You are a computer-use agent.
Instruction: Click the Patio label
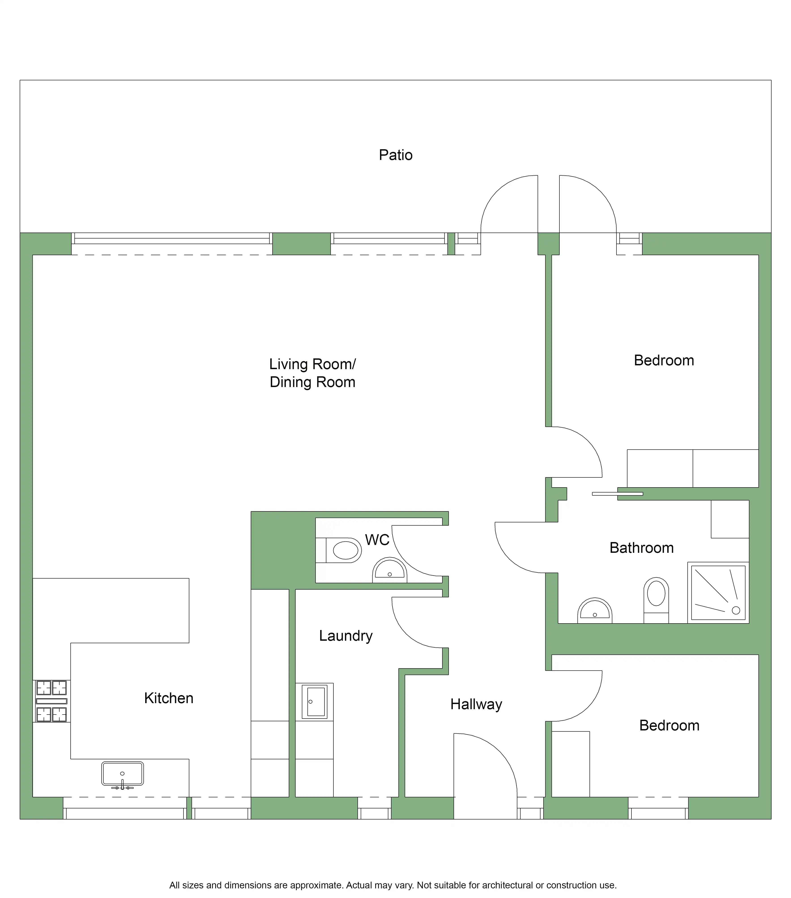[396, 155]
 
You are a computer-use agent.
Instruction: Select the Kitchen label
[169, 698]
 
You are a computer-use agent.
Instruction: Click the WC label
[377, 540]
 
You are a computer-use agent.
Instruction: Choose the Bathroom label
[642, 548]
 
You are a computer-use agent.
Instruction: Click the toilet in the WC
[344, 550]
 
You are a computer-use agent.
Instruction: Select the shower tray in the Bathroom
[718, 593]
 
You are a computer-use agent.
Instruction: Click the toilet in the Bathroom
[656, 600]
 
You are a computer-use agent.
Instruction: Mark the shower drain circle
[736, 610]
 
